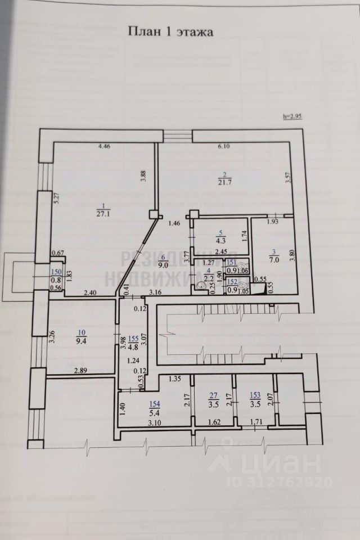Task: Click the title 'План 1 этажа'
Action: click(x=170, y=32)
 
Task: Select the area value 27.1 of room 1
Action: click(x=102, y=214)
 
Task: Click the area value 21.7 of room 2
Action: click(x=225, y=182)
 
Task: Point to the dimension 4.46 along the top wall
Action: click(x=104, y=147)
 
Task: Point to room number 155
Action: click(x=133, y=338)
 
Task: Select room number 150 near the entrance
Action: click(x=56, y=272)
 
